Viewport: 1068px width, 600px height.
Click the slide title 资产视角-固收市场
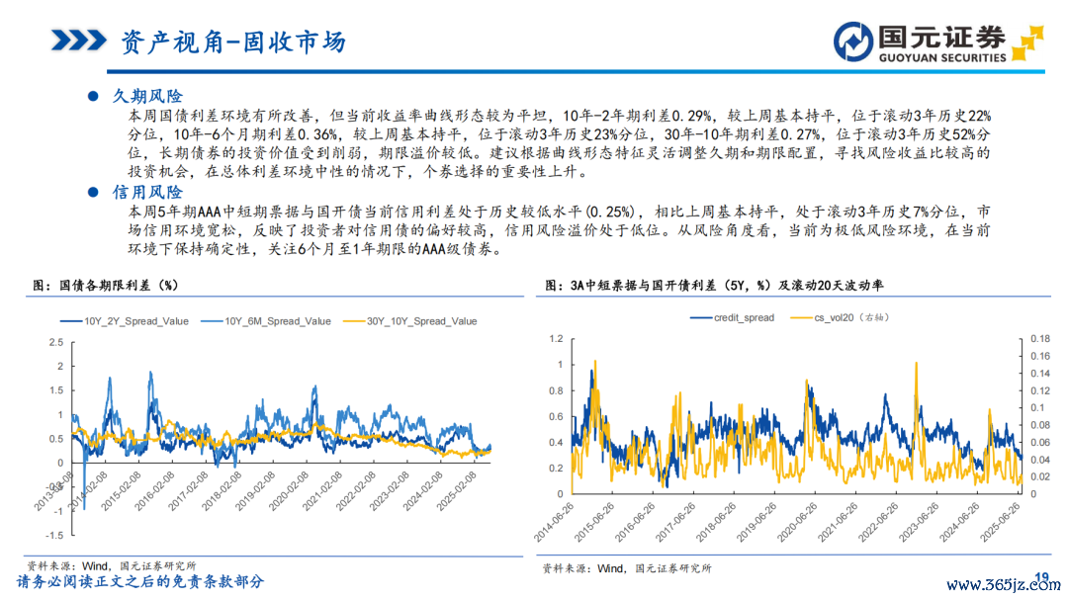pos(232,42)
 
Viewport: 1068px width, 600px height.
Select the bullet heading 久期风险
pos(147,96)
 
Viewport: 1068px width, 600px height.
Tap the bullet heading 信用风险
pos(147,192)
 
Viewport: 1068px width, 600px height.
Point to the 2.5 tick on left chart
pos(54,342)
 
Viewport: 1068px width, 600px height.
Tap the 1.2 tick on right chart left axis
pos(555,339)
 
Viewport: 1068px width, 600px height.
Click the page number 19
pos(1040,577)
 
